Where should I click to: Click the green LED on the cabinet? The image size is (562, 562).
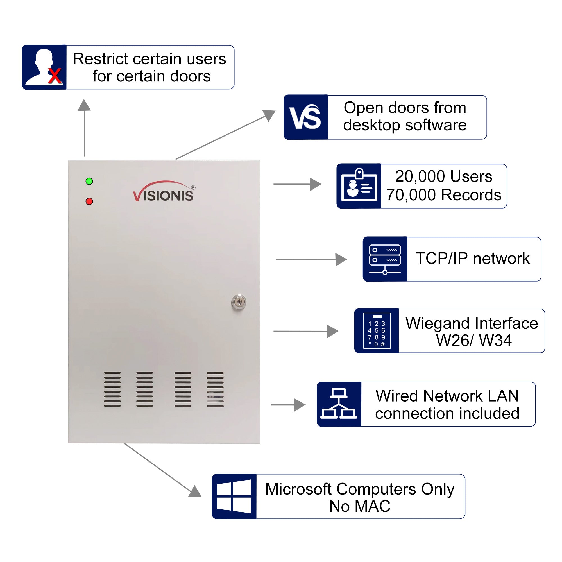89,181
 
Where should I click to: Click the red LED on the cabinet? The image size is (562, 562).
89,201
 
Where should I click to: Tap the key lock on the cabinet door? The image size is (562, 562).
239,302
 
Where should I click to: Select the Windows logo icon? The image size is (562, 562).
234,496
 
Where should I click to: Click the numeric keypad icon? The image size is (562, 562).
377,331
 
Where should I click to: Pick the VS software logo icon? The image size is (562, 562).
305,117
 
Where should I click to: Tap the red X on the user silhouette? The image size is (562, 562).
55,76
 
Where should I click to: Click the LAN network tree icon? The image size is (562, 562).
339,404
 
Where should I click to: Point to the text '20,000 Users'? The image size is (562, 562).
443,176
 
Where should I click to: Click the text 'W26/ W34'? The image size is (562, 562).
473,340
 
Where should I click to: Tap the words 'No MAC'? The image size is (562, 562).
360,506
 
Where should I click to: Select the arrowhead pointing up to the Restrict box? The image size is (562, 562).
84,105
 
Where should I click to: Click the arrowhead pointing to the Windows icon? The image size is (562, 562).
195,491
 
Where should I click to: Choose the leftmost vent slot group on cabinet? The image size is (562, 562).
112,389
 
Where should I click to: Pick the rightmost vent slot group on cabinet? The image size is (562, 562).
215,389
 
